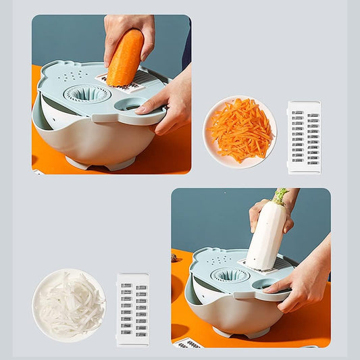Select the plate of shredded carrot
pos(240,131)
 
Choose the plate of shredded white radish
pos(69,305)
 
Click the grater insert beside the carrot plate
pos(304,137)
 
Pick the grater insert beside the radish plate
pos(132,309)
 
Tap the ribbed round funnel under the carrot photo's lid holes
pos(87,94)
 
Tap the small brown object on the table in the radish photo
pos(174,258)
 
